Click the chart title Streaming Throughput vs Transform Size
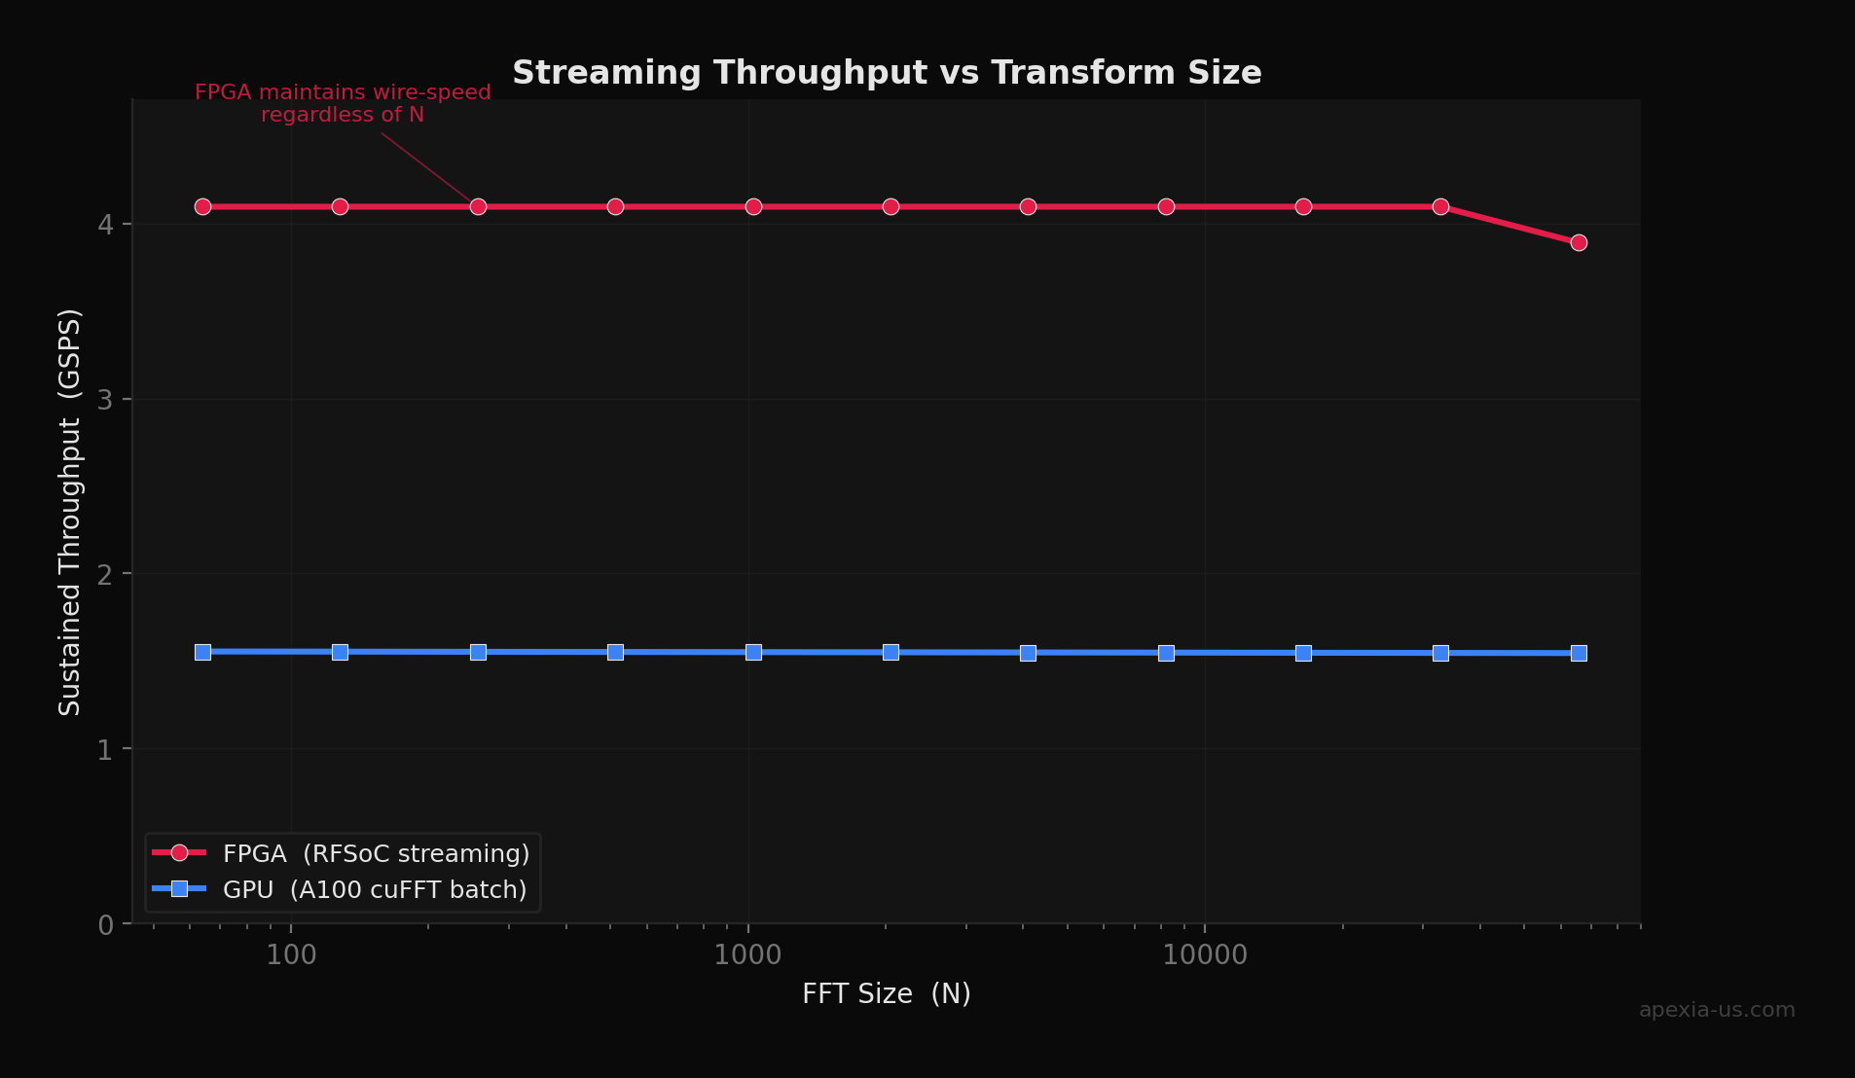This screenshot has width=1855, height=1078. coord(887,73)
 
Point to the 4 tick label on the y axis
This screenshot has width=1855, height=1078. coord(105,225)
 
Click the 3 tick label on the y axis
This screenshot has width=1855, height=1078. coord(105,400)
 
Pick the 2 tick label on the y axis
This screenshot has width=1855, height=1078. coord(105,574)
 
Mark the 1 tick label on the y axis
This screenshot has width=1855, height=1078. coord(105,749)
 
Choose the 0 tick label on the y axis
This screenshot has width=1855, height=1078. coord(105,924)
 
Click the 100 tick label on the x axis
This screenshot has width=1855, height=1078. coord(291,955)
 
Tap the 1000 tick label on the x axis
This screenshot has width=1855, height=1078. coord(747,955)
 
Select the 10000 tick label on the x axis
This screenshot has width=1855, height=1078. coord(1205,955)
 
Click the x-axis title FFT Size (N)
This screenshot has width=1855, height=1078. coord(886,993)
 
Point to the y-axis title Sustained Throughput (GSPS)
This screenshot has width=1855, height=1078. coord(70,512)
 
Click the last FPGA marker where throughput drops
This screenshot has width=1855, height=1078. coord(1579,242)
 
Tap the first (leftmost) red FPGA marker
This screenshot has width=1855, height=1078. coord(202,206)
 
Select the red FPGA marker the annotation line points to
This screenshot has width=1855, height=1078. coord(478,206)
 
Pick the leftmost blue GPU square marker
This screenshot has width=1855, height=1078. coord(202,652)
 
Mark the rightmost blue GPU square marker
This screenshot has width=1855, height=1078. coord(1579,653)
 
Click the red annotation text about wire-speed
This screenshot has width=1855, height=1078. coord(343,103)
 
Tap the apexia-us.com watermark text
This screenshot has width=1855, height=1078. coord(1717,1010)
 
